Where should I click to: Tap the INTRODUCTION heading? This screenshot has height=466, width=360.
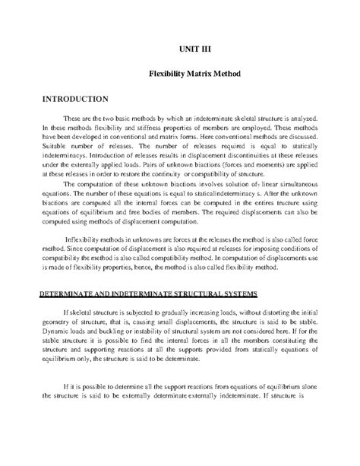pos(64,100)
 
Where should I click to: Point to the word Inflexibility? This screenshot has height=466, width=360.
pos(89,237)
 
